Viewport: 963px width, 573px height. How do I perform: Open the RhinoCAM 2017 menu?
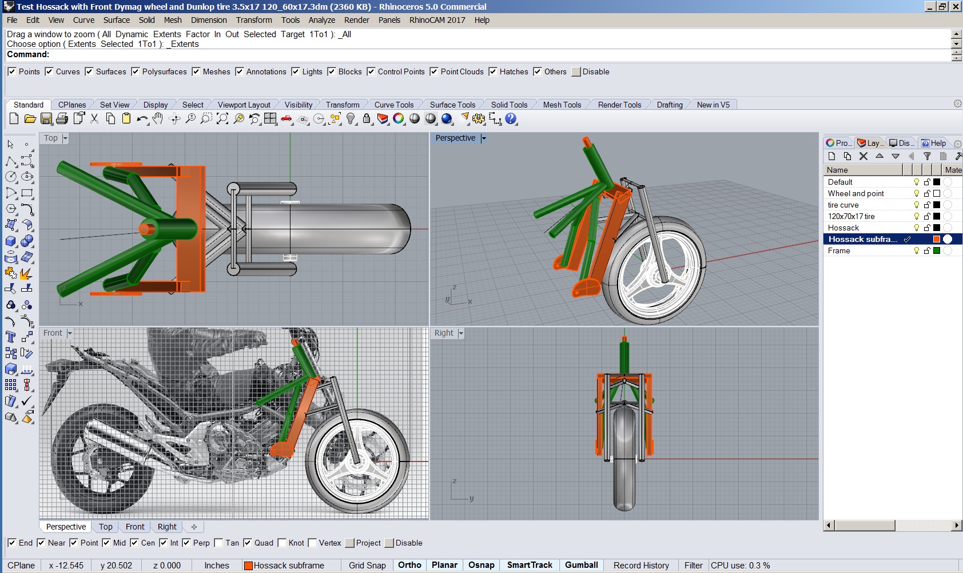tap(437, 20)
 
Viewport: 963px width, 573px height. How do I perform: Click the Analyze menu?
tap(321, 20)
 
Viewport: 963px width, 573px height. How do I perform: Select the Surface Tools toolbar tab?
tap(452, 105)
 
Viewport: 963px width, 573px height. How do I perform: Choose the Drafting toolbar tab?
tap(670, 105)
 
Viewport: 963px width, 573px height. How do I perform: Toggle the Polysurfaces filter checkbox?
tap(136, 72)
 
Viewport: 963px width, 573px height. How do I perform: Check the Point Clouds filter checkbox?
tap(434, 72)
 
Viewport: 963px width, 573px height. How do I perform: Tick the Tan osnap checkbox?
tap(218, 543)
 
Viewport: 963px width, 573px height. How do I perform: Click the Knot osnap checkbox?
tap(282, 543)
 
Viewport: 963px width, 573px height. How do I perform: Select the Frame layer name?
tap(839, 250)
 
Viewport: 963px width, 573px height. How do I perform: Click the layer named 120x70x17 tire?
tap(851, 216)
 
